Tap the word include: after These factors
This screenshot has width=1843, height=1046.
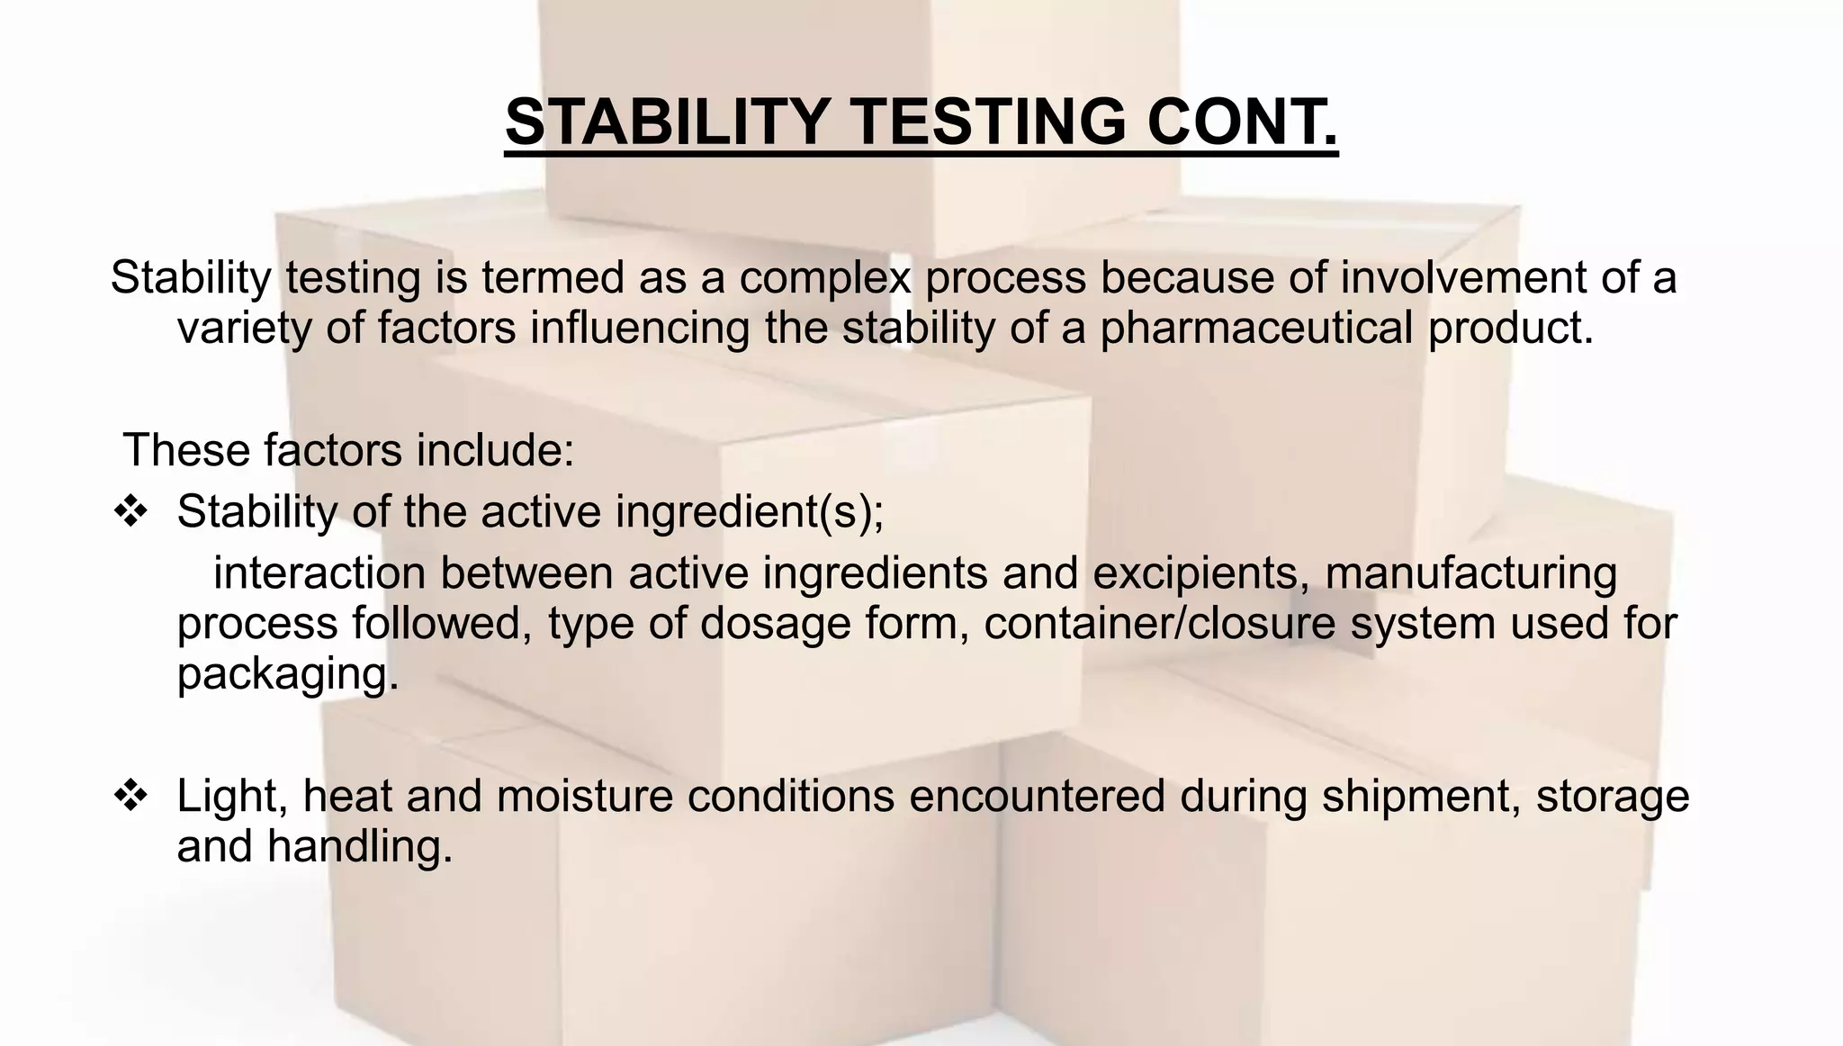494,449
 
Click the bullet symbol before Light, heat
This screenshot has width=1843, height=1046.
130,796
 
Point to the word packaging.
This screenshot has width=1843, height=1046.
287,673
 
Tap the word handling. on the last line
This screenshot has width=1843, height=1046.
359,846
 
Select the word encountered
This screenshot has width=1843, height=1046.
1037,796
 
